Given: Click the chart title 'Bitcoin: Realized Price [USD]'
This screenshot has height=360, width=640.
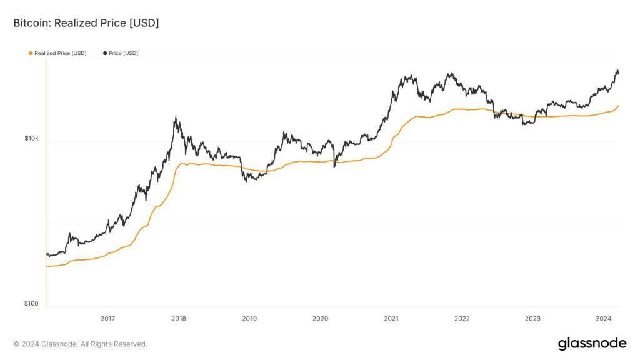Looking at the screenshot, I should coord(86,23).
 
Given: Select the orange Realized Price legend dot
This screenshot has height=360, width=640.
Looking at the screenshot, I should coord(31,53).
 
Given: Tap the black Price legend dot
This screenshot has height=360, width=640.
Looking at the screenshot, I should coord(105,53).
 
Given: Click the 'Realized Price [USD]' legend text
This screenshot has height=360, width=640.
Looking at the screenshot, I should coord(61,53).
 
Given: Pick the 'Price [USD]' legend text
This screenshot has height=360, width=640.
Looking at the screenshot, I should coord(123,53).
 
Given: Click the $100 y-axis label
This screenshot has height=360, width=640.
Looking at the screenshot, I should coord(31,304).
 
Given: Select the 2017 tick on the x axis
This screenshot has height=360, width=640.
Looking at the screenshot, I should coord(107,318).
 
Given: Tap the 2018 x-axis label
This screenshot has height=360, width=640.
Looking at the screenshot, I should coord(178,318).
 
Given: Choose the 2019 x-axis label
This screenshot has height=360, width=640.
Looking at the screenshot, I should coord(249,318).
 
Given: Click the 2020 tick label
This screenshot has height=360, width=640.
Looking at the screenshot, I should coord(320,318).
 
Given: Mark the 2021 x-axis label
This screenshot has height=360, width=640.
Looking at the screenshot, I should coord(391,318).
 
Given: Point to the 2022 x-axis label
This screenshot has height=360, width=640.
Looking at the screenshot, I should coord(462,318).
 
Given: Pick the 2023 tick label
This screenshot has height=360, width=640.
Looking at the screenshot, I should coord(532,318).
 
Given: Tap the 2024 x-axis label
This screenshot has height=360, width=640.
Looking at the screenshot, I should coord(603,318).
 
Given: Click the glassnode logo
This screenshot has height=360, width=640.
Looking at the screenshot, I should coord(591,343).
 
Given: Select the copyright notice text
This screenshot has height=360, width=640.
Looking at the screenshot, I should coord(81,344).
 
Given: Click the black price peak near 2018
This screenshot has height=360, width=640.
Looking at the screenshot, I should coord(176,117).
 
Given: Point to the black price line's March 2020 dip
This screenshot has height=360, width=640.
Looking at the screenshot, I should coord(334,166).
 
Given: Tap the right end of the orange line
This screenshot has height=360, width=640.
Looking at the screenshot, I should coord(618,106).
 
